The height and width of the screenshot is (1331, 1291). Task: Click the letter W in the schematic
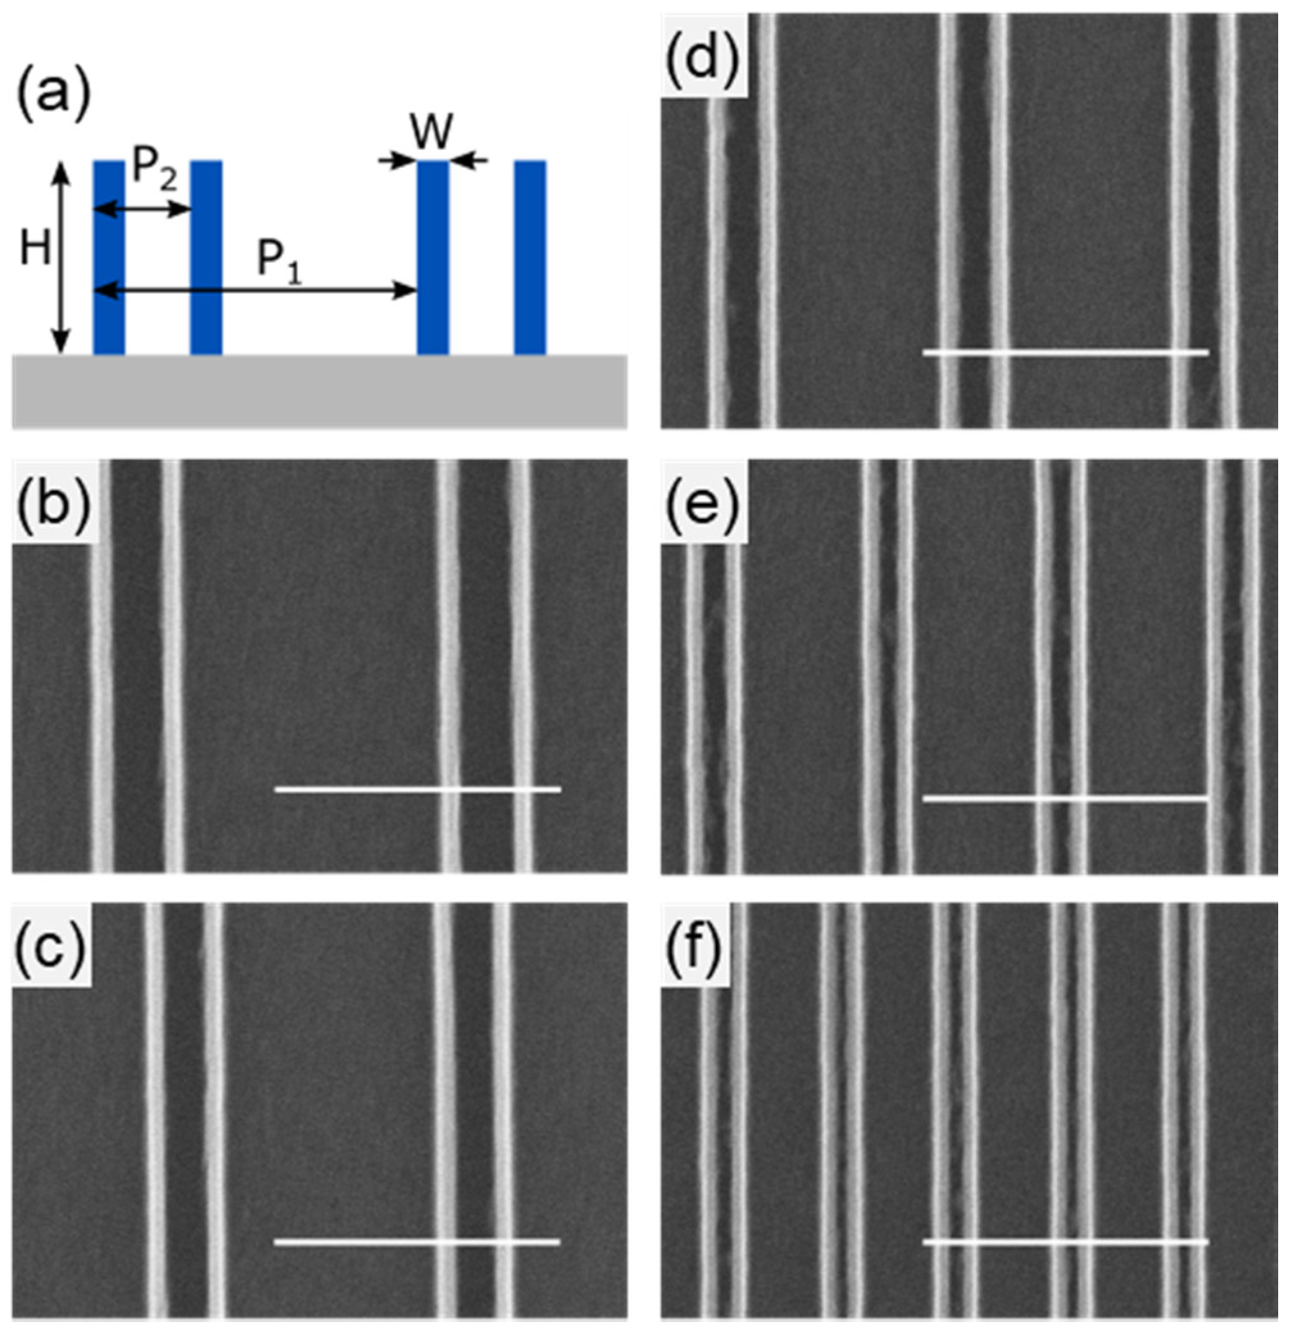433,133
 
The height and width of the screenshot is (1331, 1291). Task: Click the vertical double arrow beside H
61,258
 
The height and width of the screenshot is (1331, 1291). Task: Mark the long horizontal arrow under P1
254,291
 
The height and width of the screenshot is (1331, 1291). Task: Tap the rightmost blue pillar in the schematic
529,258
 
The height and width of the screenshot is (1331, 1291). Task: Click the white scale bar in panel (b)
418,789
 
